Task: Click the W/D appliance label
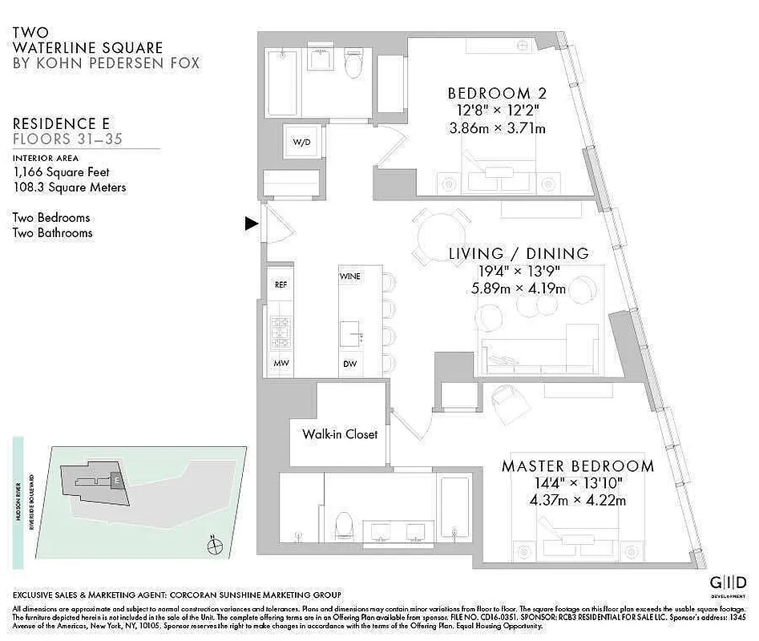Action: (x=301, y=143)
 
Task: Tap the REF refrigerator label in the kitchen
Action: (x=281, y=284)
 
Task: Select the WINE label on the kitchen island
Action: (x=350, y=276)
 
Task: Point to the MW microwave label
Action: (x=281, y=363)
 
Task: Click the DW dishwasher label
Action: (x=350, y=363)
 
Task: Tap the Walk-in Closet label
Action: (x=339, y=434)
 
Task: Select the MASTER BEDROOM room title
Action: (x=577, y=466)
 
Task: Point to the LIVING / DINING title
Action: (x=519, y=253)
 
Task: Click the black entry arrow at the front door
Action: (x=251, y=224)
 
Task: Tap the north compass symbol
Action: (x=214, y=547)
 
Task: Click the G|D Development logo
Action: (x=728, y=583)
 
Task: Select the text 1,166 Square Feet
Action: (x=61, y=171)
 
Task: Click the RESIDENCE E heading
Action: (x=62, y=123)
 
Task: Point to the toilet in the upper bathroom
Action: (x=353, y=65)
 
